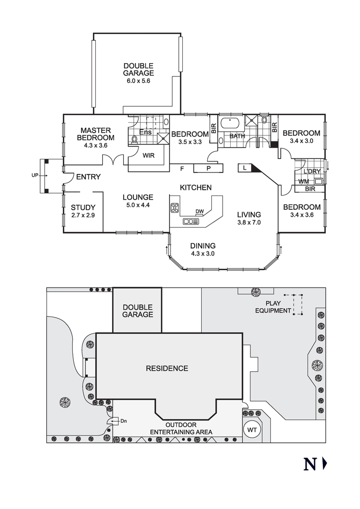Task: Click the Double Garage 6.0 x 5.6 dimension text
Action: [139, 81]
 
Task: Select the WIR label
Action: [149, 155]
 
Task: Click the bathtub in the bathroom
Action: [231, 124]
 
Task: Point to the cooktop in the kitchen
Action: [175, 208]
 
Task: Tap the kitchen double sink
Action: [190, 221]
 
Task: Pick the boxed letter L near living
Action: [245, 167]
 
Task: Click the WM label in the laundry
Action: [303, 181]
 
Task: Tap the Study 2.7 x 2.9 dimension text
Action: [83, 215]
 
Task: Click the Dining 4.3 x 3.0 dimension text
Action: [203, 253]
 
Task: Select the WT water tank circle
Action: [252, 430]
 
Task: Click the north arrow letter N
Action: [310, 464]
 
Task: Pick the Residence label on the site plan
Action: [167, 368]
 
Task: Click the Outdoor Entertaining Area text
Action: [181, 428]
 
